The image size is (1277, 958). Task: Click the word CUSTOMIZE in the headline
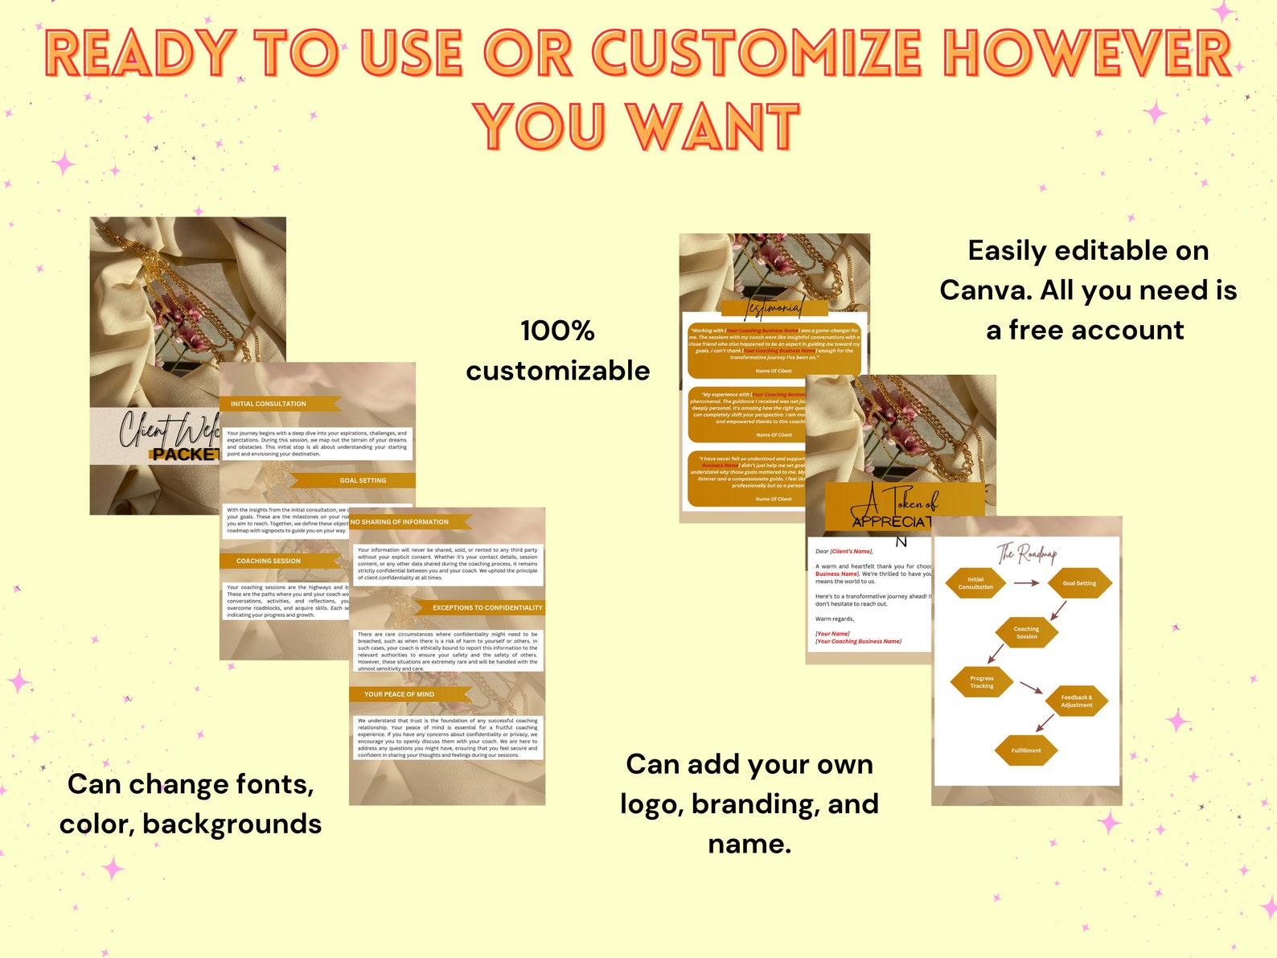757,54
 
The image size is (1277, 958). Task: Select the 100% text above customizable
557,331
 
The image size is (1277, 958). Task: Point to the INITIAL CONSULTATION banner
269,404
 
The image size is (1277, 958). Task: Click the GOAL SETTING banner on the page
363,480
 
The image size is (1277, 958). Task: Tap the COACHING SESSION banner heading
269,561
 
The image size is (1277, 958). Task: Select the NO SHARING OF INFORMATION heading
400,522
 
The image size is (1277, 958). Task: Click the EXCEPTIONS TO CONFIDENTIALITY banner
487,607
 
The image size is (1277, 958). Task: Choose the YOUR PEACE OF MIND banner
400,694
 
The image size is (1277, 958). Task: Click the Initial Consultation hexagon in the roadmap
975,583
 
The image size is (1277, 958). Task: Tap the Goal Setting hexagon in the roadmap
1079,583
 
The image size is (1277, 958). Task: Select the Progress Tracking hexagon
982,682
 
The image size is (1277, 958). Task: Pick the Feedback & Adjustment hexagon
1077,701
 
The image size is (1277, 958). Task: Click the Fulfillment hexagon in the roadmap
1026,750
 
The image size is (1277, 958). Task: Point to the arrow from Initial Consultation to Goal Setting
1027,583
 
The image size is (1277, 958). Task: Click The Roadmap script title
1027,553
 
